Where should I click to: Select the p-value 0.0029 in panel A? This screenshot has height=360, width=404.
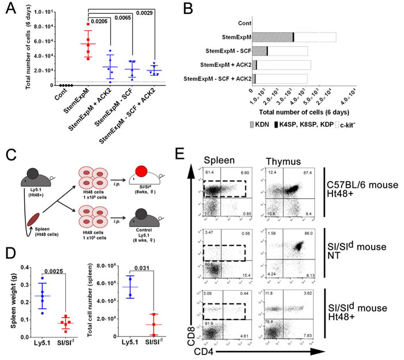click(154, 13)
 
